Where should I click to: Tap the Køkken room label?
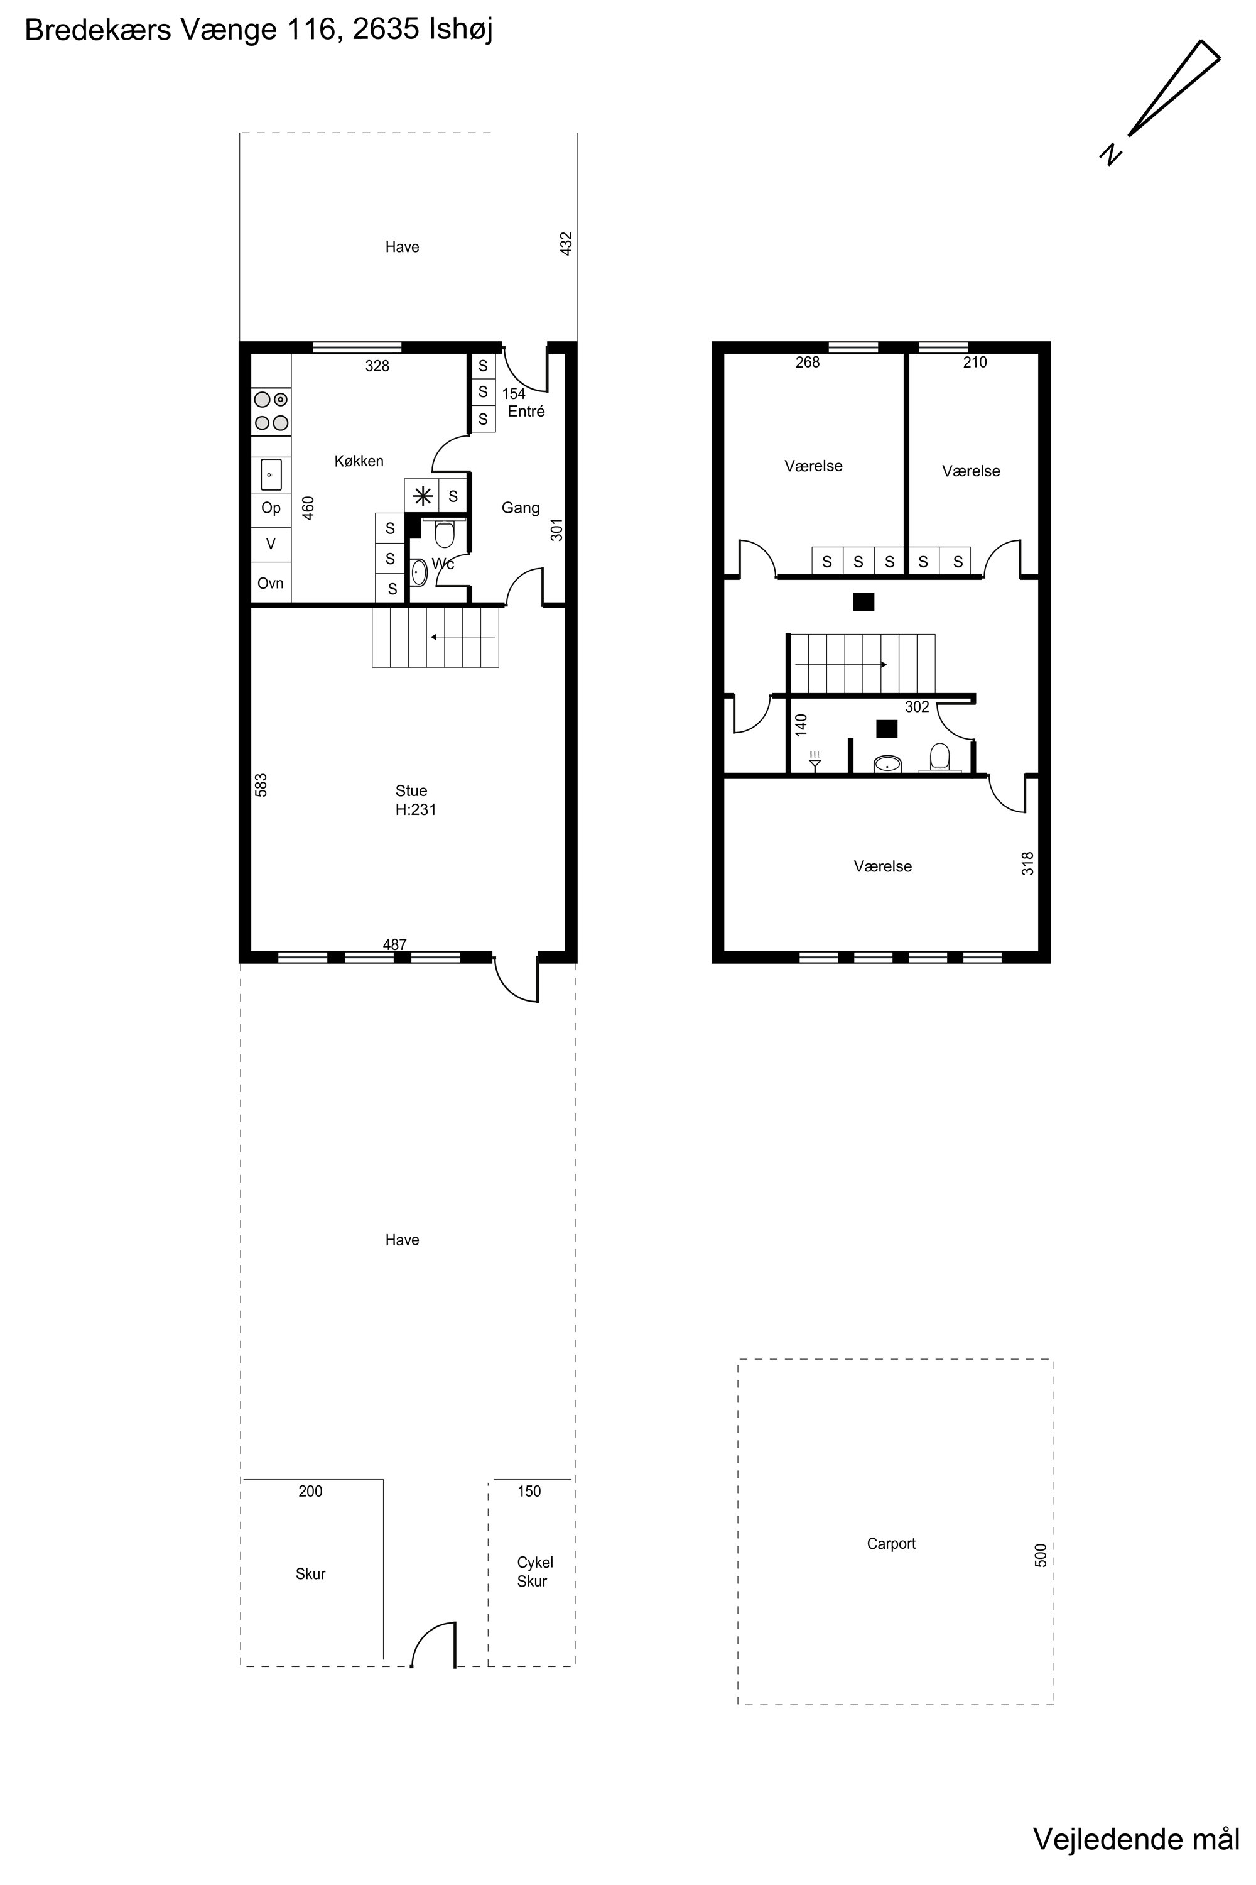(x=359, y=461)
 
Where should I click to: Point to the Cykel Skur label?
(x=534, y=1571)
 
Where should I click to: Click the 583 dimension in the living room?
(x=261, y=785)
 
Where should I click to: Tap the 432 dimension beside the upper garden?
(x=566, y=244)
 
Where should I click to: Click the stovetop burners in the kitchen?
(x=271, y=410)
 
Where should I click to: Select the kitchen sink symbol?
(x=271, y=475)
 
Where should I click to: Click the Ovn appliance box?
(x=271, y=582)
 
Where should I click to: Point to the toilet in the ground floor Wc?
(x=445, y=532)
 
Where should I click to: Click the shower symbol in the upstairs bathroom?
(x=815, y=760)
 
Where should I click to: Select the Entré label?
(x=526, y=411)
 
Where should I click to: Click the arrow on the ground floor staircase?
(x=463, y=637)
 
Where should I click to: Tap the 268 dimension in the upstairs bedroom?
(x=808, y=363)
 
